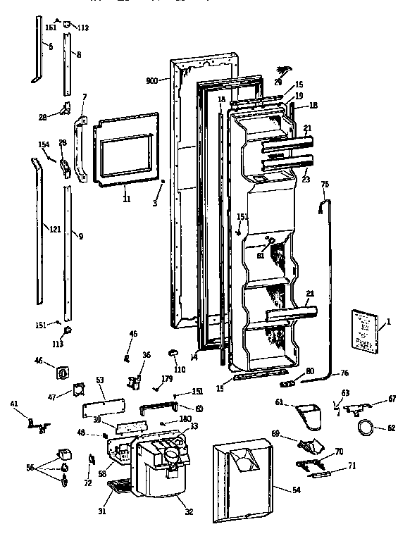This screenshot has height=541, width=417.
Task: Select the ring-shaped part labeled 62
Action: pyautogui.click(x=366, y=427)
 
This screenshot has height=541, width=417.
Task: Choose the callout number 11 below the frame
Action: pyautogui.click(x=126, y=199)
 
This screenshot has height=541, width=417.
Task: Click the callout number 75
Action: pyautogui.click(x=325, y=184)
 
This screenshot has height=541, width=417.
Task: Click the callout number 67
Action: pyautogui.click(x=392, y=399)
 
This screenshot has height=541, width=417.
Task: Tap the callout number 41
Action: pyautogui.click(x=13, y=404)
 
